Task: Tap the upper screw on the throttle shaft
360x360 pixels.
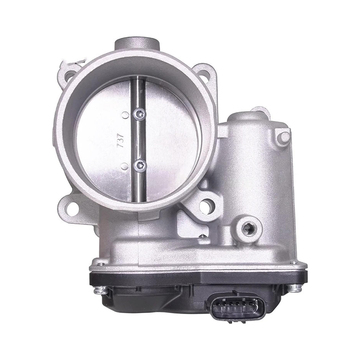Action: tap(140, 115)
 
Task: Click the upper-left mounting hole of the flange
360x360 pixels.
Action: tap(71, 76)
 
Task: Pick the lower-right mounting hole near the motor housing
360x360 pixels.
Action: tap(205, 207)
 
